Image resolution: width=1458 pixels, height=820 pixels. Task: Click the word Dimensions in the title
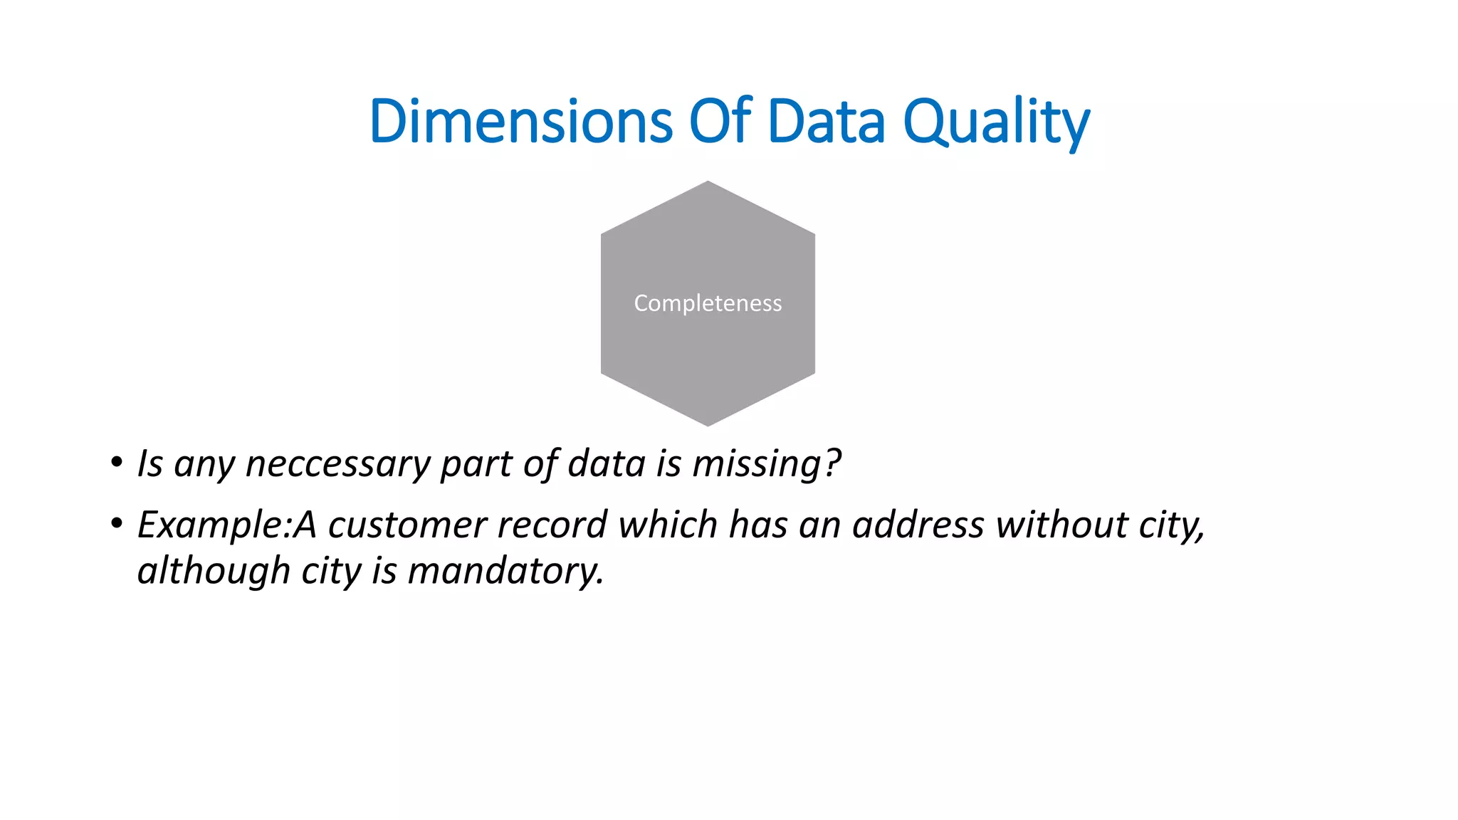click(520, 121)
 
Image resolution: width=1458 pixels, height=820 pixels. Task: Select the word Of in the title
click(720, 121)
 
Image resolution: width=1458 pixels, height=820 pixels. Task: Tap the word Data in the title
click(826, 121)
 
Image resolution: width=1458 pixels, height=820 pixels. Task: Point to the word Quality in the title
click(996, 122)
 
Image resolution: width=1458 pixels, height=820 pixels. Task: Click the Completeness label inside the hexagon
click(708, 303)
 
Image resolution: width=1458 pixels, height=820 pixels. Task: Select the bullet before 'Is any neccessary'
click(116, 463)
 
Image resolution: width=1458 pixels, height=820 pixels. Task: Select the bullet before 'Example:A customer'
click(116, 525)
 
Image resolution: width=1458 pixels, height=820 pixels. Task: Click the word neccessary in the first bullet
click(337, 464)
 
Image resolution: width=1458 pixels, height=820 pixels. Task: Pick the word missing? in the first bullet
click(767, 464)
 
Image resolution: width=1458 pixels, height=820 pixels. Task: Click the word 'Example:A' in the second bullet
click(226, 525)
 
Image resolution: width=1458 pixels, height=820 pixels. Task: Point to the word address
click(918, 525)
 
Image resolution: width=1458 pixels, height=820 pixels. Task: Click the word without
click(1061, 525)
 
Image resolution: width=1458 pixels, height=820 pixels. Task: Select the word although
click(214, 571)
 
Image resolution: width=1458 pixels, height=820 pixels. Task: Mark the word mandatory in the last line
click(505, 571)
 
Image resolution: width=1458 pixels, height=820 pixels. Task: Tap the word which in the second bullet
click(668, 525)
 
